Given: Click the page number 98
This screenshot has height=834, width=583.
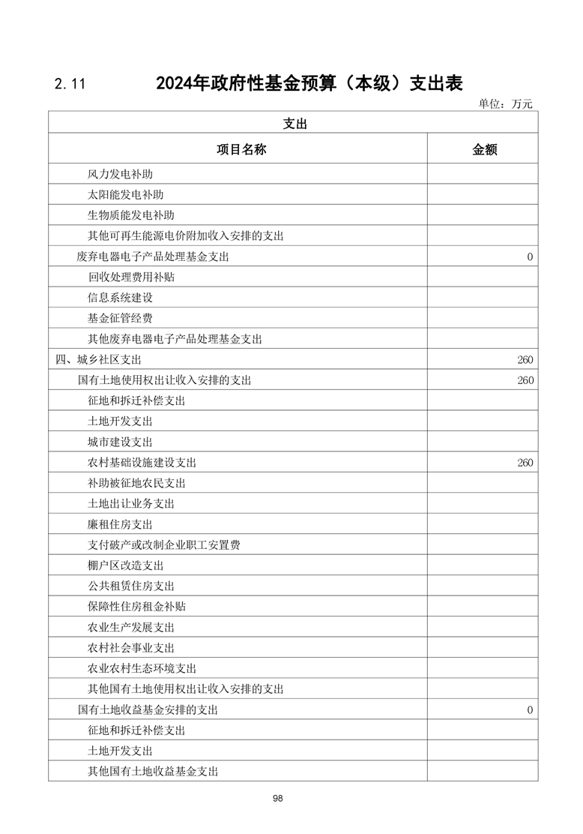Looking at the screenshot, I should point(278,799).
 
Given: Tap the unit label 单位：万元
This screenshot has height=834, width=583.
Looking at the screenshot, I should point(505,104).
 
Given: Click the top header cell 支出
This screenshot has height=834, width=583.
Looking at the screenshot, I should point(294,124).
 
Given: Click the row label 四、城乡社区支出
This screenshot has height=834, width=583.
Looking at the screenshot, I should point(98,360).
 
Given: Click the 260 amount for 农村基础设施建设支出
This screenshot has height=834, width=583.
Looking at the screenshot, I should point(525,463).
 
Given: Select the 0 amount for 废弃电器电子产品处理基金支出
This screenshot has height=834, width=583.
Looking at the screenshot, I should point(530,256).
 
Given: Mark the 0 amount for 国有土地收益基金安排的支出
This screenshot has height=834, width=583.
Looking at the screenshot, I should point(530,709).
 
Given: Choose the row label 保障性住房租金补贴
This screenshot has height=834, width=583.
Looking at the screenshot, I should point(136,607).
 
